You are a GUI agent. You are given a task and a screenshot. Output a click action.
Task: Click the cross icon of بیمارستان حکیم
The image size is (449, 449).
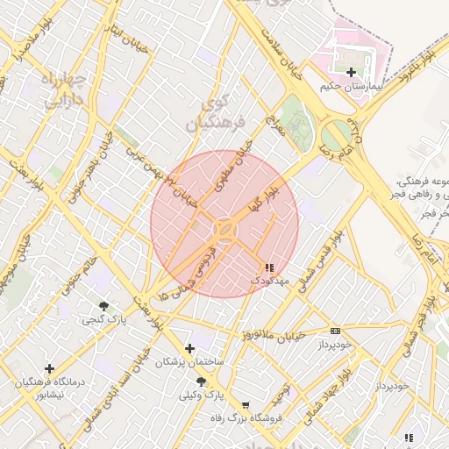352,72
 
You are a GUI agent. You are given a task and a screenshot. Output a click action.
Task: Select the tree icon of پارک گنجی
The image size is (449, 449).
104,306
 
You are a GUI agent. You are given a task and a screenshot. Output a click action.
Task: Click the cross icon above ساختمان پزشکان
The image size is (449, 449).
189,348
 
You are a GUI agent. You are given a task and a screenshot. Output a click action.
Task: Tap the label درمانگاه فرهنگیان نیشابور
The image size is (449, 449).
49,388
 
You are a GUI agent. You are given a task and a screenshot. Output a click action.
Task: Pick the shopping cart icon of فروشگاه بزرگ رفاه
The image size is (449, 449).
245,405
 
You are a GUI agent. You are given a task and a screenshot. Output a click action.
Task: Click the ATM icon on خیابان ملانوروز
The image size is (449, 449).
335,331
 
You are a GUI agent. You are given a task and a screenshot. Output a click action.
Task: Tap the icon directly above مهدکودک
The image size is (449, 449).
268,267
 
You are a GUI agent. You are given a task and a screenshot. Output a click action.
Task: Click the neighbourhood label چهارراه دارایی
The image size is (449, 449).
63,90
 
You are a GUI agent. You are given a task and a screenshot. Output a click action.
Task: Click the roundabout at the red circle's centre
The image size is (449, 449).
224,230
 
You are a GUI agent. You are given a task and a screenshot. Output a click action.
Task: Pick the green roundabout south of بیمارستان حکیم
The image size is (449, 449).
336,135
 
